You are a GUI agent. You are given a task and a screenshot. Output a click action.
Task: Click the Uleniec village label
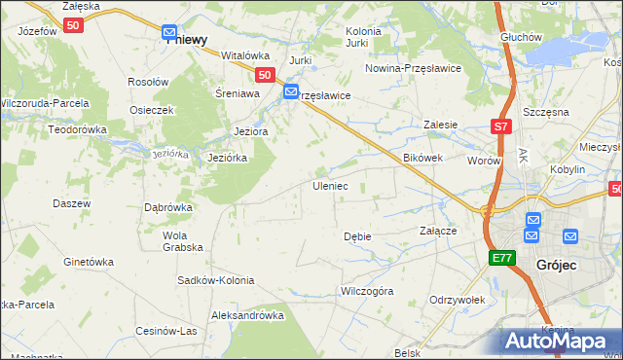(329, 185)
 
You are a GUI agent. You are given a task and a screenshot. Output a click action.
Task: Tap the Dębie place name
(357, 236)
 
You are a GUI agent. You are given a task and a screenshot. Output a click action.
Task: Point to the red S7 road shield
(500, 126)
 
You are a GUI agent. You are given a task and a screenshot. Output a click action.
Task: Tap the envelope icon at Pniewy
(169, 32)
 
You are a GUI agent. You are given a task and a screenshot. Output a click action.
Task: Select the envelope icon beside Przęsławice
(291, 92)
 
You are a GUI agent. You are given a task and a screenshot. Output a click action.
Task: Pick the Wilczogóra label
(366, 291)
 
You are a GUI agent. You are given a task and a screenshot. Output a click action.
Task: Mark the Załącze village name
(438, 232)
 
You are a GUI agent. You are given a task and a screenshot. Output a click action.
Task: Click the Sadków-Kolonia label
(215, 280)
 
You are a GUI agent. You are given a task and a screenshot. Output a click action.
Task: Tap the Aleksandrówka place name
(247, 315)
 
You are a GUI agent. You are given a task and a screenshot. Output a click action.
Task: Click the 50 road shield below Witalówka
(264, 74)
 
